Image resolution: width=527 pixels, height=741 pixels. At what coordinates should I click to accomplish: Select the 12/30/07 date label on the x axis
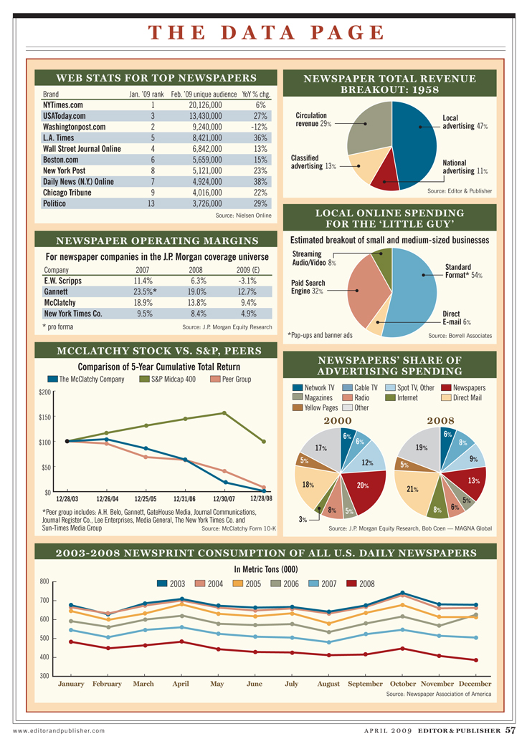222,498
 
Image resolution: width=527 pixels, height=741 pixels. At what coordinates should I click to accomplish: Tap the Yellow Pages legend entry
315,408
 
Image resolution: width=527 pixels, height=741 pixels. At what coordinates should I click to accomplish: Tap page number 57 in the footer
509,730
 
